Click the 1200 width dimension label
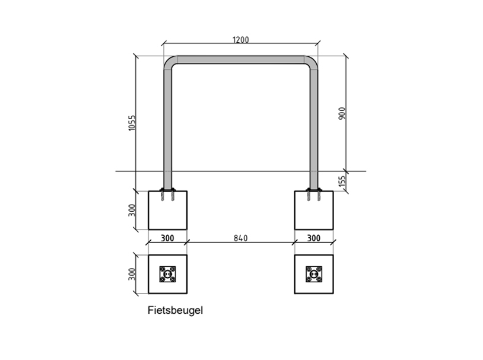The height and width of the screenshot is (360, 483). (240, 40)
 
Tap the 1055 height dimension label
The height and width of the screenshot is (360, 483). (132, 123)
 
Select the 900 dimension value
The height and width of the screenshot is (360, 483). (342, 114)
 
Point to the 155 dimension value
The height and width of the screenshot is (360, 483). (342, 181)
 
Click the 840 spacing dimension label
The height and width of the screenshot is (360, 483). (240, 238)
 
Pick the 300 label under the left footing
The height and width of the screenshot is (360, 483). (167, 238)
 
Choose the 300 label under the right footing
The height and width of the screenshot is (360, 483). (313, 238)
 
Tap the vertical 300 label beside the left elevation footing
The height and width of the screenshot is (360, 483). (132, 210)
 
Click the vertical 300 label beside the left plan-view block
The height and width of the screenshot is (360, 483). (132, 274)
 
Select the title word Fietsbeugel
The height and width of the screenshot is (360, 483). (175, 310)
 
